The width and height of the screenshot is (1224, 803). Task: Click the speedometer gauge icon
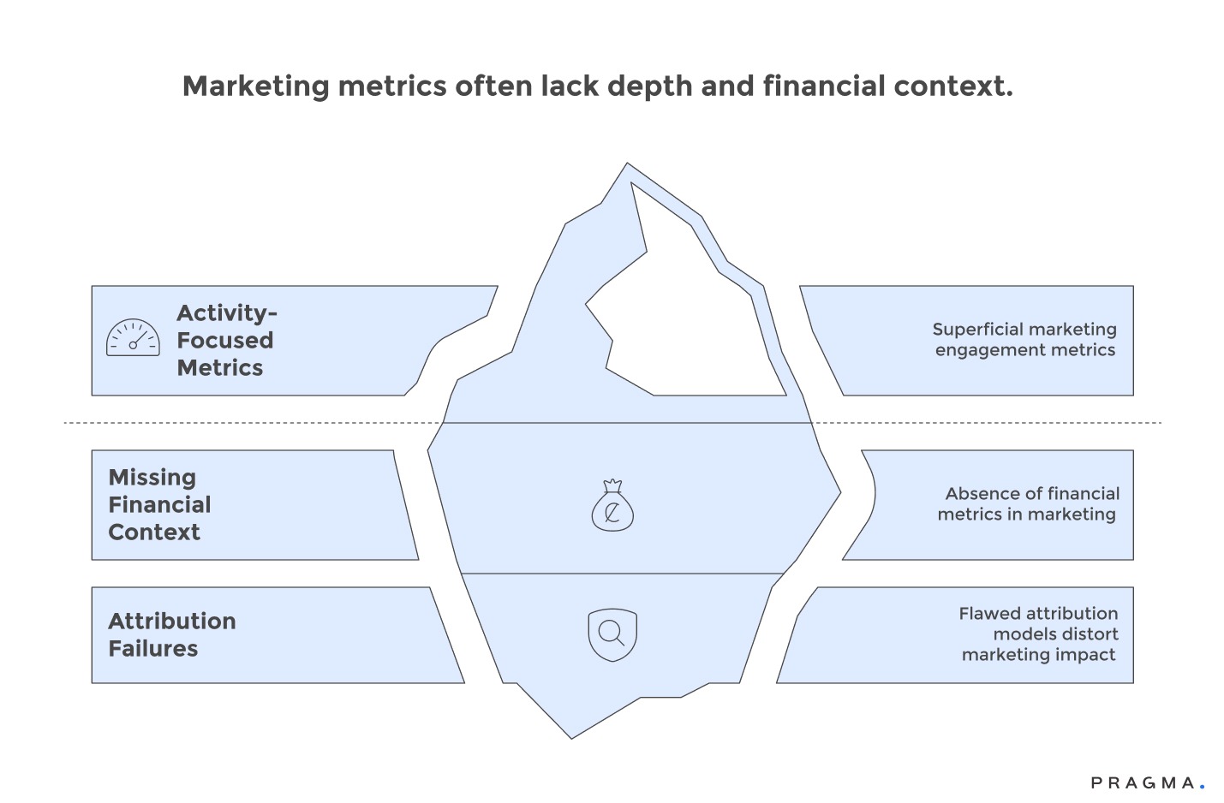(x=133, y=338)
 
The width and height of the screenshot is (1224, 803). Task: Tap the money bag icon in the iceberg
(x=612, y=506)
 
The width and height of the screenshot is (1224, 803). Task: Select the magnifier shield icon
(x=612, y=634)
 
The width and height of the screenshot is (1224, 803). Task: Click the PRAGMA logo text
(x=1143, y=782)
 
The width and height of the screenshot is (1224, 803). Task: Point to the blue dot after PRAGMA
(x=1202, y=786)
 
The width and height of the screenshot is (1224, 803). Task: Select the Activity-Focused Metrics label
(x=225, y=340)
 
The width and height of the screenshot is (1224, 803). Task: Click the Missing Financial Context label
(x=159, y=504)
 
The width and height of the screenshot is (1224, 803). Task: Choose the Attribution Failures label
(x=171, y=634)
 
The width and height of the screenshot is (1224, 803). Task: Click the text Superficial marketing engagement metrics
(x=1024, y=339)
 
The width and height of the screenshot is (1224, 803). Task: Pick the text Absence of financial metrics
(x=1028, y=503)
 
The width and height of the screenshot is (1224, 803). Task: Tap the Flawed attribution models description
(x=1038, y=633)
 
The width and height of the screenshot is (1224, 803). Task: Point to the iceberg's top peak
(x=627, y=165)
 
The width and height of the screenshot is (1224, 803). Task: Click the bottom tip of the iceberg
(x=572, y=735)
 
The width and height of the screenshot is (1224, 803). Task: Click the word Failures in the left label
(x=152, y=649)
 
